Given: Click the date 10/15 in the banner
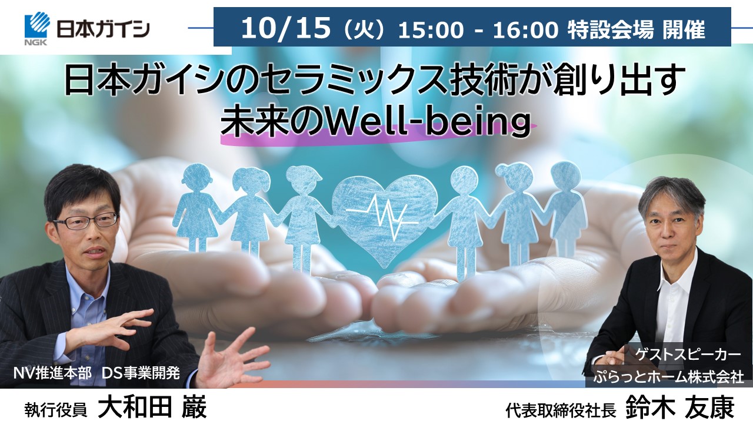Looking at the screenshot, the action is [286, 28].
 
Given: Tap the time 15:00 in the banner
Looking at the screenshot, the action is [431, 29].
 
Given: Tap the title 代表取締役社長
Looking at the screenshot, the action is [561, 410].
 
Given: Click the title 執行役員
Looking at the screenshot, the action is [55, 410].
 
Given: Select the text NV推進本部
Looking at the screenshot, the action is [52, 373].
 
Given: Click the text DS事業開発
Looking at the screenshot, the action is [141, 373].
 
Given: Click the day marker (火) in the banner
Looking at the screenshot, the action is [364, 30].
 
